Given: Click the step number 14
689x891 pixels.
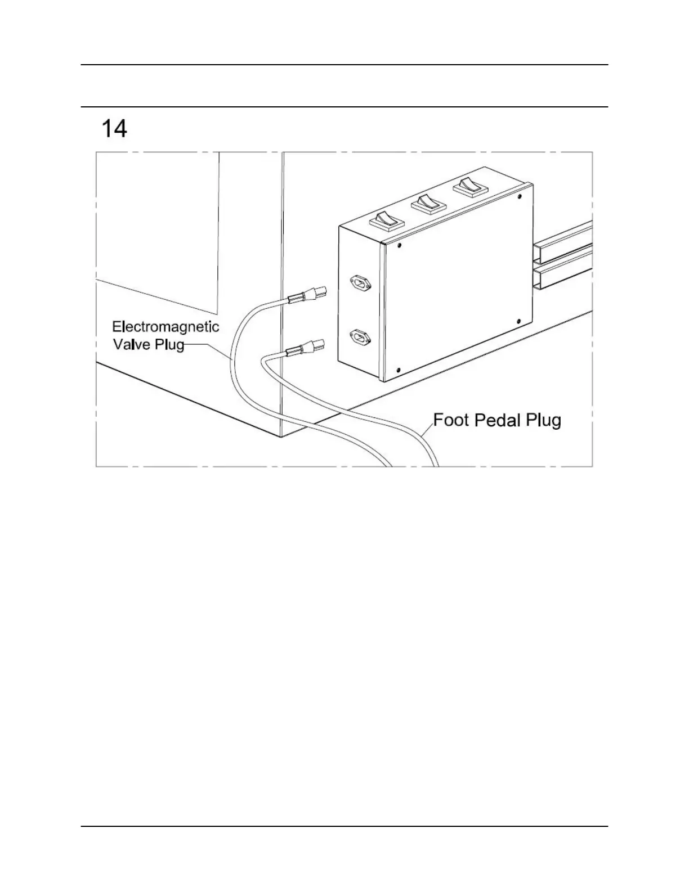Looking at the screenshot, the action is tap(114, 129).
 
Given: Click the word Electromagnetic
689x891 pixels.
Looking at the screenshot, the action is tap(165, 327).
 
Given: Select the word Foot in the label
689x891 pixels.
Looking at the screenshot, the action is tap(451, 420).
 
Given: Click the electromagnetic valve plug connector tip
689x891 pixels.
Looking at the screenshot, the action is tap(319, 292).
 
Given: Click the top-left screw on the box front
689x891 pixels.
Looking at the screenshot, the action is tap(399, 245).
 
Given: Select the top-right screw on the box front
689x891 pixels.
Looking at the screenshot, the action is tap(519, 196).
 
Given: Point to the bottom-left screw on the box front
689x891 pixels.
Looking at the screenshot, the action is tap(399, 370).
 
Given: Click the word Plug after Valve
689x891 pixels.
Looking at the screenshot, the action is tap(169, 344).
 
